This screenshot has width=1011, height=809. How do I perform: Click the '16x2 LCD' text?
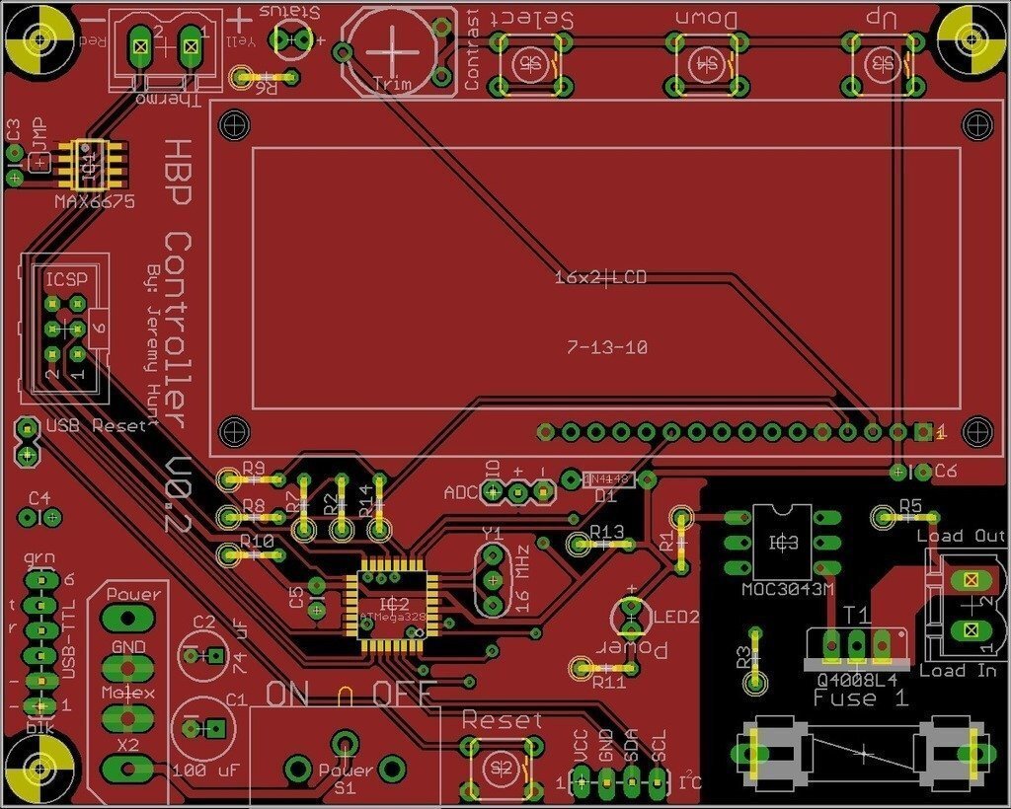click(600, 277)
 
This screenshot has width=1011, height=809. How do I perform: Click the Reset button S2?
click(503, 767)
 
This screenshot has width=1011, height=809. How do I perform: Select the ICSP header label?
click(65, 279)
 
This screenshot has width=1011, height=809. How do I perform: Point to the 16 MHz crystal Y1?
click(492, 579)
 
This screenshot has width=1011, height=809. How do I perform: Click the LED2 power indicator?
click(630, 616)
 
